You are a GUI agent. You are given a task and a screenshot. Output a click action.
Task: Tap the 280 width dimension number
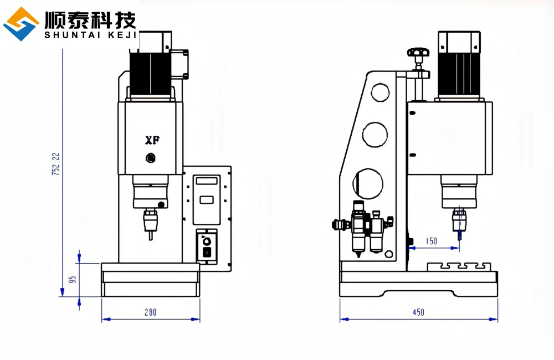point(150,312)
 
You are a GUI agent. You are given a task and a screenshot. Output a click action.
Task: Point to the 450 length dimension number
point(418,312)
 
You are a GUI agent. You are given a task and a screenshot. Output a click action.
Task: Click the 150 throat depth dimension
point(432,241)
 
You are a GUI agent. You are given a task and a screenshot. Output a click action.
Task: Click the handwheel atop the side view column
point(418,53)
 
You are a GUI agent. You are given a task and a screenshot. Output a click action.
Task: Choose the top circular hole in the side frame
point(380,91)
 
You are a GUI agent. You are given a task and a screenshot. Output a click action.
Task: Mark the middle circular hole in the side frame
point(375,135)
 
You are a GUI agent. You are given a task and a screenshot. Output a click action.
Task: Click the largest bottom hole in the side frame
point(368,183)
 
